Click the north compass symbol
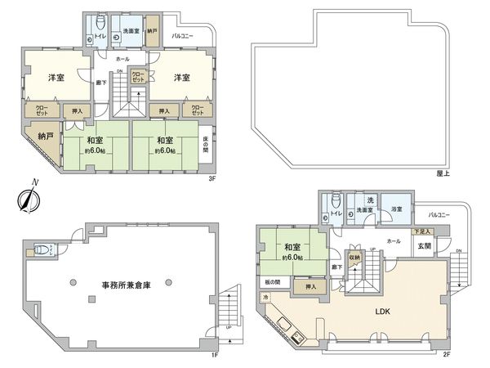click(31, 197)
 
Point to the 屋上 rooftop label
click(444, 173)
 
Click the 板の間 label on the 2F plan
click(272, 282)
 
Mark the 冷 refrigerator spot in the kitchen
click(266, 298)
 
